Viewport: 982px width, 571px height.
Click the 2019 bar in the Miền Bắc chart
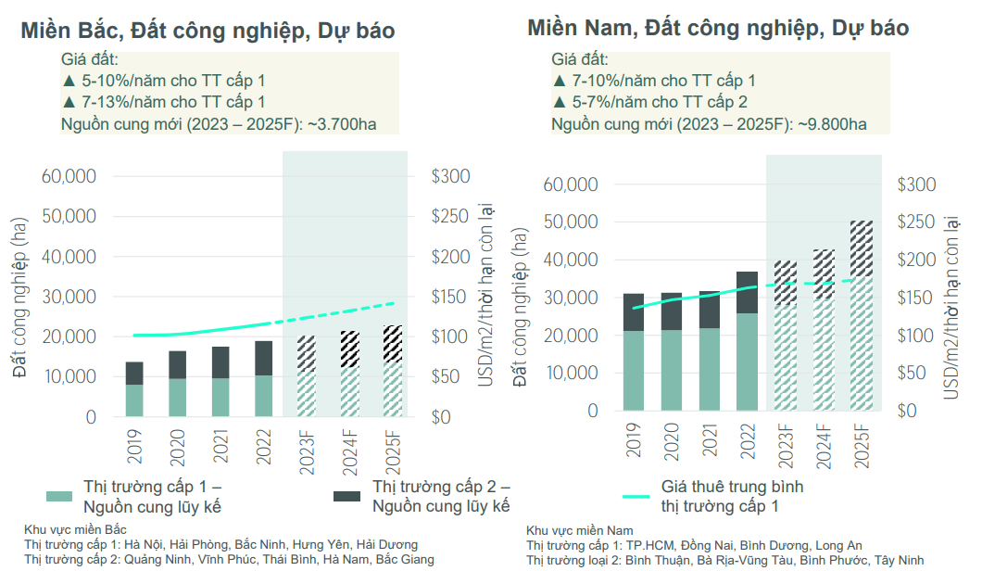[x=134, y=389]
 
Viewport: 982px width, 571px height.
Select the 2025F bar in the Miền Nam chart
[x=862, y=320]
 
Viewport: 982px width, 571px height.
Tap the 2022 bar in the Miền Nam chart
[x=748, y=343]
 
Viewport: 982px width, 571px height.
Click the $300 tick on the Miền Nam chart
[x=916, y=184]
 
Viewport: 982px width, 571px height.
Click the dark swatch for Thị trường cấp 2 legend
[x=346, y=497]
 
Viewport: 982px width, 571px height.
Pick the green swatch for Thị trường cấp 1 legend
[x=57, y=497]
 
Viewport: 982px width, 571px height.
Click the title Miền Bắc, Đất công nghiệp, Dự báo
[x=208, y=31]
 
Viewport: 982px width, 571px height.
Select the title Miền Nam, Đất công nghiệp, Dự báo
[x=718, y=27]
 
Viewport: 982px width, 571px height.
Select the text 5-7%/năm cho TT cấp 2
[x=660, y=102]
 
